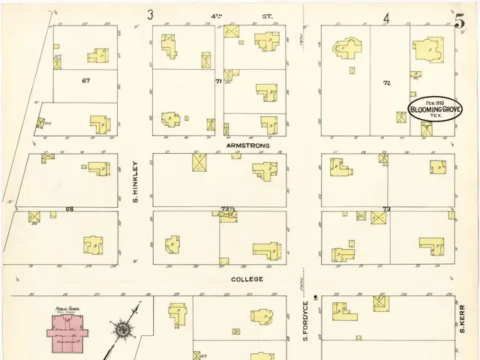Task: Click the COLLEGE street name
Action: coord(247,279)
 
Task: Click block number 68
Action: coord(69,208)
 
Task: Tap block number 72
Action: coord(387,82)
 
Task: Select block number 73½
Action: coord(227,208)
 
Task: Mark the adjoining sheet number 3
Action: coord(151,14)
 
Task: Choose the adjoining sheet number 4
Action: coord(387,18)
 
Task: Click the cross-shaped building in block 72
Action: coord(346,51)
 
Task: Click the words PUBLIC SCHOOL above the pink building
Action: coord(66,309)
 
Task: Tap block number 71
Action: coord(218,80)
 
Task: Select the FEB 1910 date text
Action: coord(435,101)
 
